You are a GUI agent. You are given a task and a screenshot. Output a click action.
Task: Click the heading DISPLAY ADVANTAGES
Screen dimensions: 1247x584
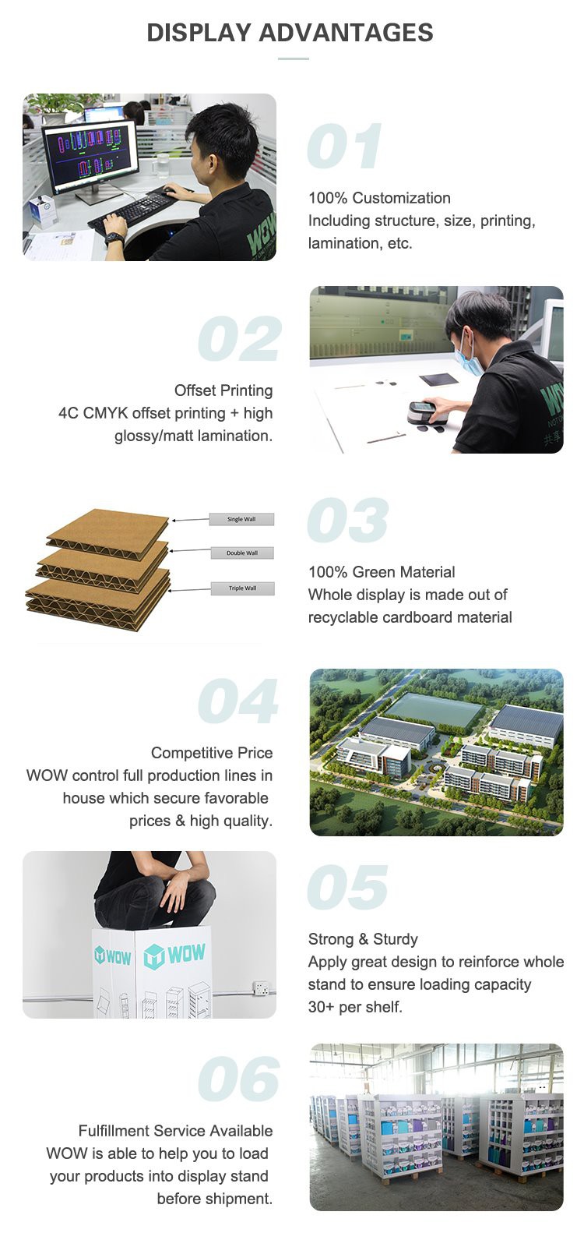point(290,33)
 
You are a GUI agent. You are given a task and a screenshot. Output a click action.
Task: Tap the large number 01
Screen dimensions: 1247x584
point(345,147)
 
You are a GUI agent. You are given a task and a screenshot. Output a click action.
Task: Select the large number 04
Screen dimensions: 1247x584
point(237,701)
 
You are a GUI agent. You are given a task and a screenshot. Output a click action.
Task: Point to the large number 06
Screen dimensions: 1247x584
point(238,1079)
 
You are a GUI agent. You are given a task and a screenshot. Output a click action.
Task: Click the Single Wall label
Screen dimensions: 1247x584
point(241,519)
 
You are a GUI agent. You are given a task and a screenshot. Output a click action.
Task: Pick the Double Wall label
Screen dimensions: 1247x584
point(242,553)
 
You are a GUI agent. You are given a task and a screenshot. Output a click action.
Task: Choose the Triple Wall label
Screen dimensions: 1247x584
point(242,588)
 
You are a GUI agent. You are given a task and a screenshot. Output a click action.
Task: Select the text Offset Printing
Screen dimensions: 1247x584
point(223,390)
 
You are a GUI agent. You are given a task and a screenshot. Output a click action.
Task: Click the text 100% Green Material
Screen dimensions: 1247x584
point(382,572)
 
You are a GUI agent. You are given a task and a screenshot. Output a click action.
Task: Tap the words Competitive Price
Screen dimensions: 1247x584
point(212,753)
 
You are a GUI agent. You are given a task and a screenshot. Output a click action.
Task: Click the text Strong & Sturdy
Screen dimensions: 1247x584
point(363,939)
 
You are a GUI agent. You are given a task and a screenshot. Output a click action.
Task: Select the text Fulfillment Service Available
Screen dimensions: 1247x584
point(175,1131)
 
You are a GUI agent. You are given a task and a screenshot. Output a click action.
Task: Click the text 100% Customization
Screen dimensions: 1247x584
point(379,198)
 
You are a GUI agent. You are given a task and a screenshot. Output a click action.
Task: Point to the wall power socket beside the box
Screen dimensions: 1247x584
point(260,989)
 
